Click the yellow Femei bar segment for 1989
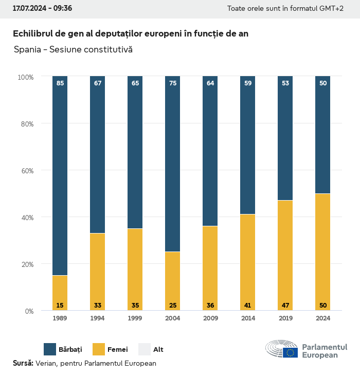click(60, 291)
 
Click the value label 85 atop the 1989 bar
click(60, 83)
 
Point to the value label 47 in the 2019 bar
click(285, 306)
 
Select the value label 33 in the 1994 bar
click(98, 306)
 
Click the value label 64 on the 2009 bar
click(210, 83)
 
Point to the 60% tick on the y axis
click(26, 171)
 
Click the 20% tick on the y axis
click(26, 264)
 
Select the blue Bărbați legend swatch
click(50, 349)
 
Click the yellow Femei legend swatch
click(99, 349)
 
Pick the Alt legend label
click(158, 350)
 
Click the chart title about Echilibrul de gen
click(131, 33)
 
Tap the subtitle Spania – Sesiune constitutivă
click(74, 50)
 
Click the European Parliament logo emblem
click(282, 350)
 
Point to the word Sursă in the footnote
click(23, 363)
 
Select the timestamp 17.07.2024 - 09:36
click(42, 8)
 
